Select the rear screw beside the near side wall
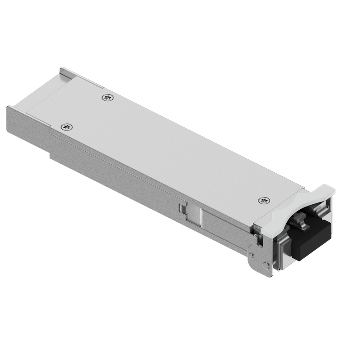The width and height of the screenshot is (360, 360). point(67,127)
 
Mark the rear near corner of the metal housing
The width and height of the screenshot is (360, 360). point(6,108)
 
